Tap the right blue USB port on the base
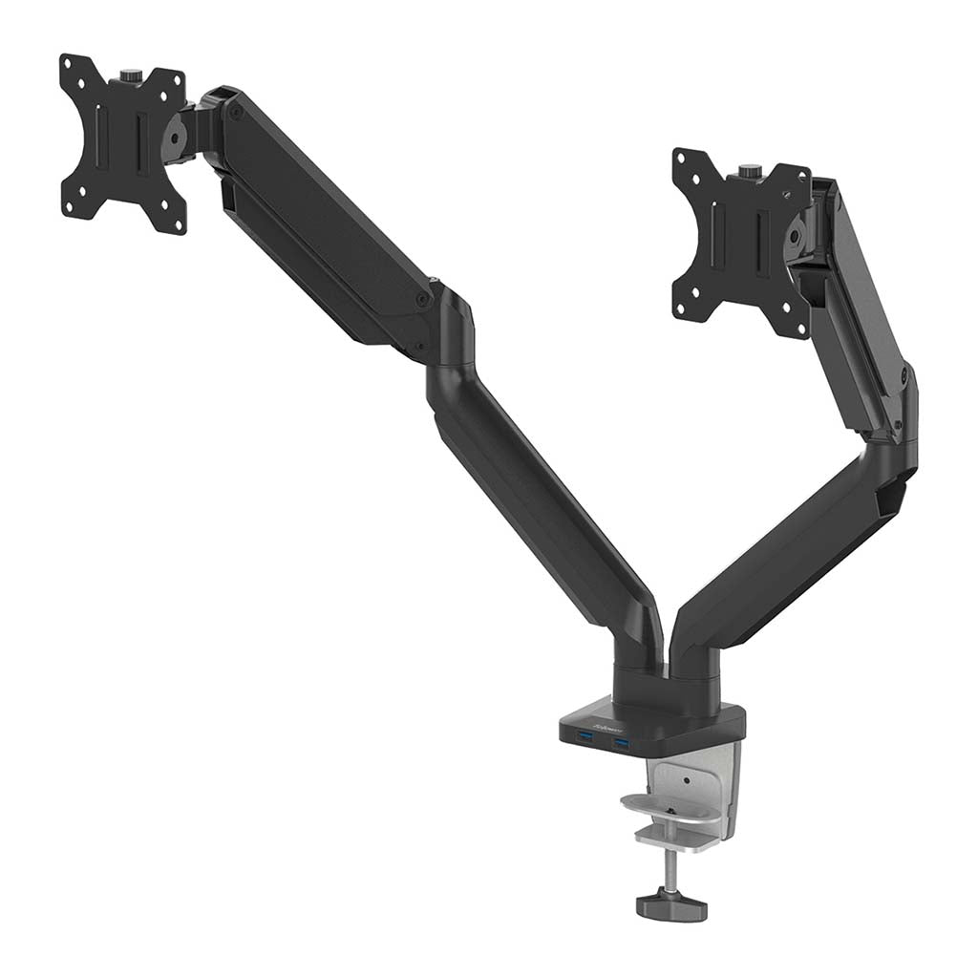point(623,742)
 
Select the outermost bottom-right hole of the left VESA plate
point(178,224)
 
